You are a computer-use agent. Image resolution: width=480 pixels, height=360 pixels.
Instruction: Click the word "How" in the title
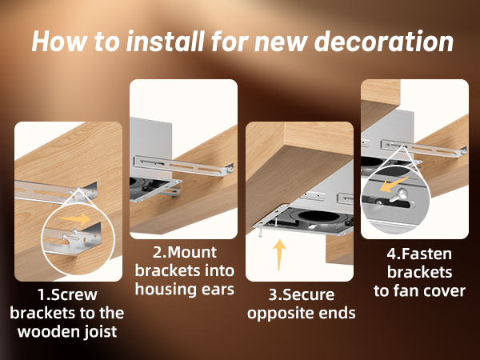coord(58,42)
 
